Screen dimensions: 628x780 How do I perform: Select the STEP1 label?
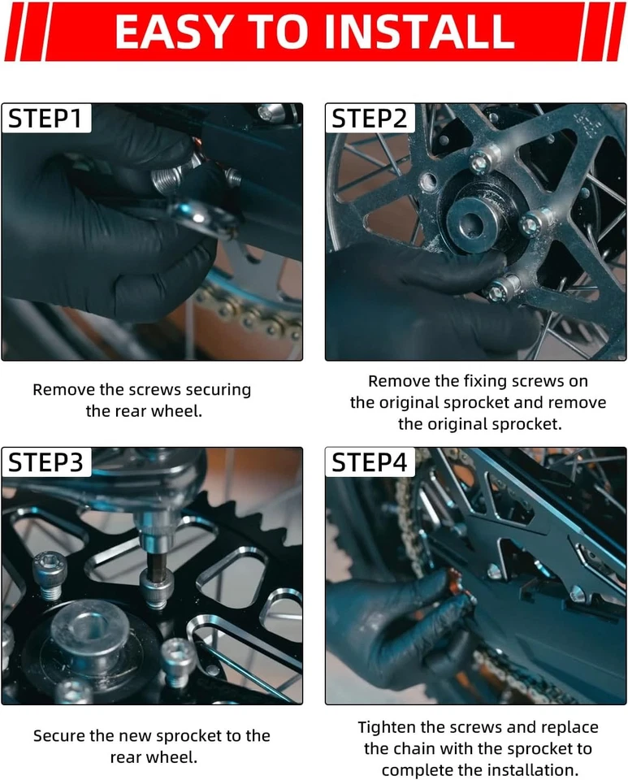(45, 119)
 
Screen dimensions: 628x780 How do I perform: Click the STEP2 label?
(370, 119)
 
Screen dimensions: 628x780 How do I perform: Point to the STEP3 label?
(45, 462)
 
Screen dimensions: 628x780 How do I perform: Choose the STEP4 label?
(370, 462)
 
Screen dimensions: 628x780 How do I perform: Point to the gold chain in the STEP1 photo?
(249, 311)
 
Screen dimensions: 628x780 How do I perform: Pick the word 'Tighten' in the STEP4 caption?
(387, 727)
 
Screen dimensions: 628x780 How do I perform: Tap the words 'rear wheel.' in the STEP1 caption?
(144, 411)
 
